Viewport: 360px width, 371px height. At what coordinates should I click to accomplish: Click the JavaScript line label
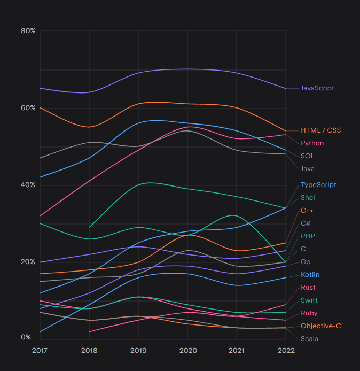coord(317,88)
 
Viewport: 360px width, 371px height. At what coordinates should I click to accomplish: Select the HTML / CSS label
coord(320,130)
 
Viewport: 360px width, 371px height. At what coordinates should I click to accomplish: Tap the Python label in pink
coord(312,143)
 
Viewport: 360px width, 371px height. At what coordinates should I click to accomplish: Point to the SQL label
coord(307,156)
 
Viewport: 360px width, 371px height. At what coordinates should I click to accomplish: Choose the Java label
coord(308,169)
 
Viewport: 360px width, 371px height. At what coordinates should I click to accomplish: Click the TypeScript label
coord(318,185)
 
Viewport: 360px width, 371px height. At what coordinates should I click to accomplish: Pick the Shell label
coord(309,198)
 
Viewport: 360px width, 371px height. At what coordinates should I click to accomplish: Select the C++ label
coord(307,211)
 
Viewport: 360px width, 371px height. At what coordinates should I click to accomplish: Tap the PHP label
coord(308,236)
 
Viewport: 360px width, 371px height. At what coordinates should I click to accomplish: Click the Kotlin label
coord(310,275)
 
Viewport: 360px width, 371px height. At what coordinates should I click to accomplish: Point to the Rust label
coord(308,288)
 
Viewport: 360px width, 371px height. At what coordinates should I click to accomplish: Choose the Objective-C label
coord(320,326)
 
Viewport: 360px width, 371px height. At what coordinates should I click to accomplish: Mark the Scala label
coord(309,338)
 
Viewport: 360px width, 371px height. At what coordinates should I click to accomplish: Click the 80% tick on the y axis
coord(28,31)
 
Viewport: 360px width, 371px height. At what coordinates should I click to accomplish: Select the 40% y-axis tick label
coord(28,185)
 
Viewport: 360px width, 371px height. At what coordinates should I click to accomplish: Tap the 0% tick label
coord(26,337)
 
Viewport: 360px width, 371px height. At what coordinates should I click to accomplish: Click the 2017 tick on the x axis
coord(40,350)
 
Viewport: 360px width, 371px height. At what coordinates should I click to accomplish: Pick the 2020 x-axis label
coord(187,350)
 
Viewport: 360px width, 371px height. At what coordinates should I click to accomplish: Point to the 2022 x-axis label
coord(286,350)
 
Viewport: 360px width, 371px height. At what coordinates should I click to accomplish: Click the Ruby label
coord(309,313)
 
